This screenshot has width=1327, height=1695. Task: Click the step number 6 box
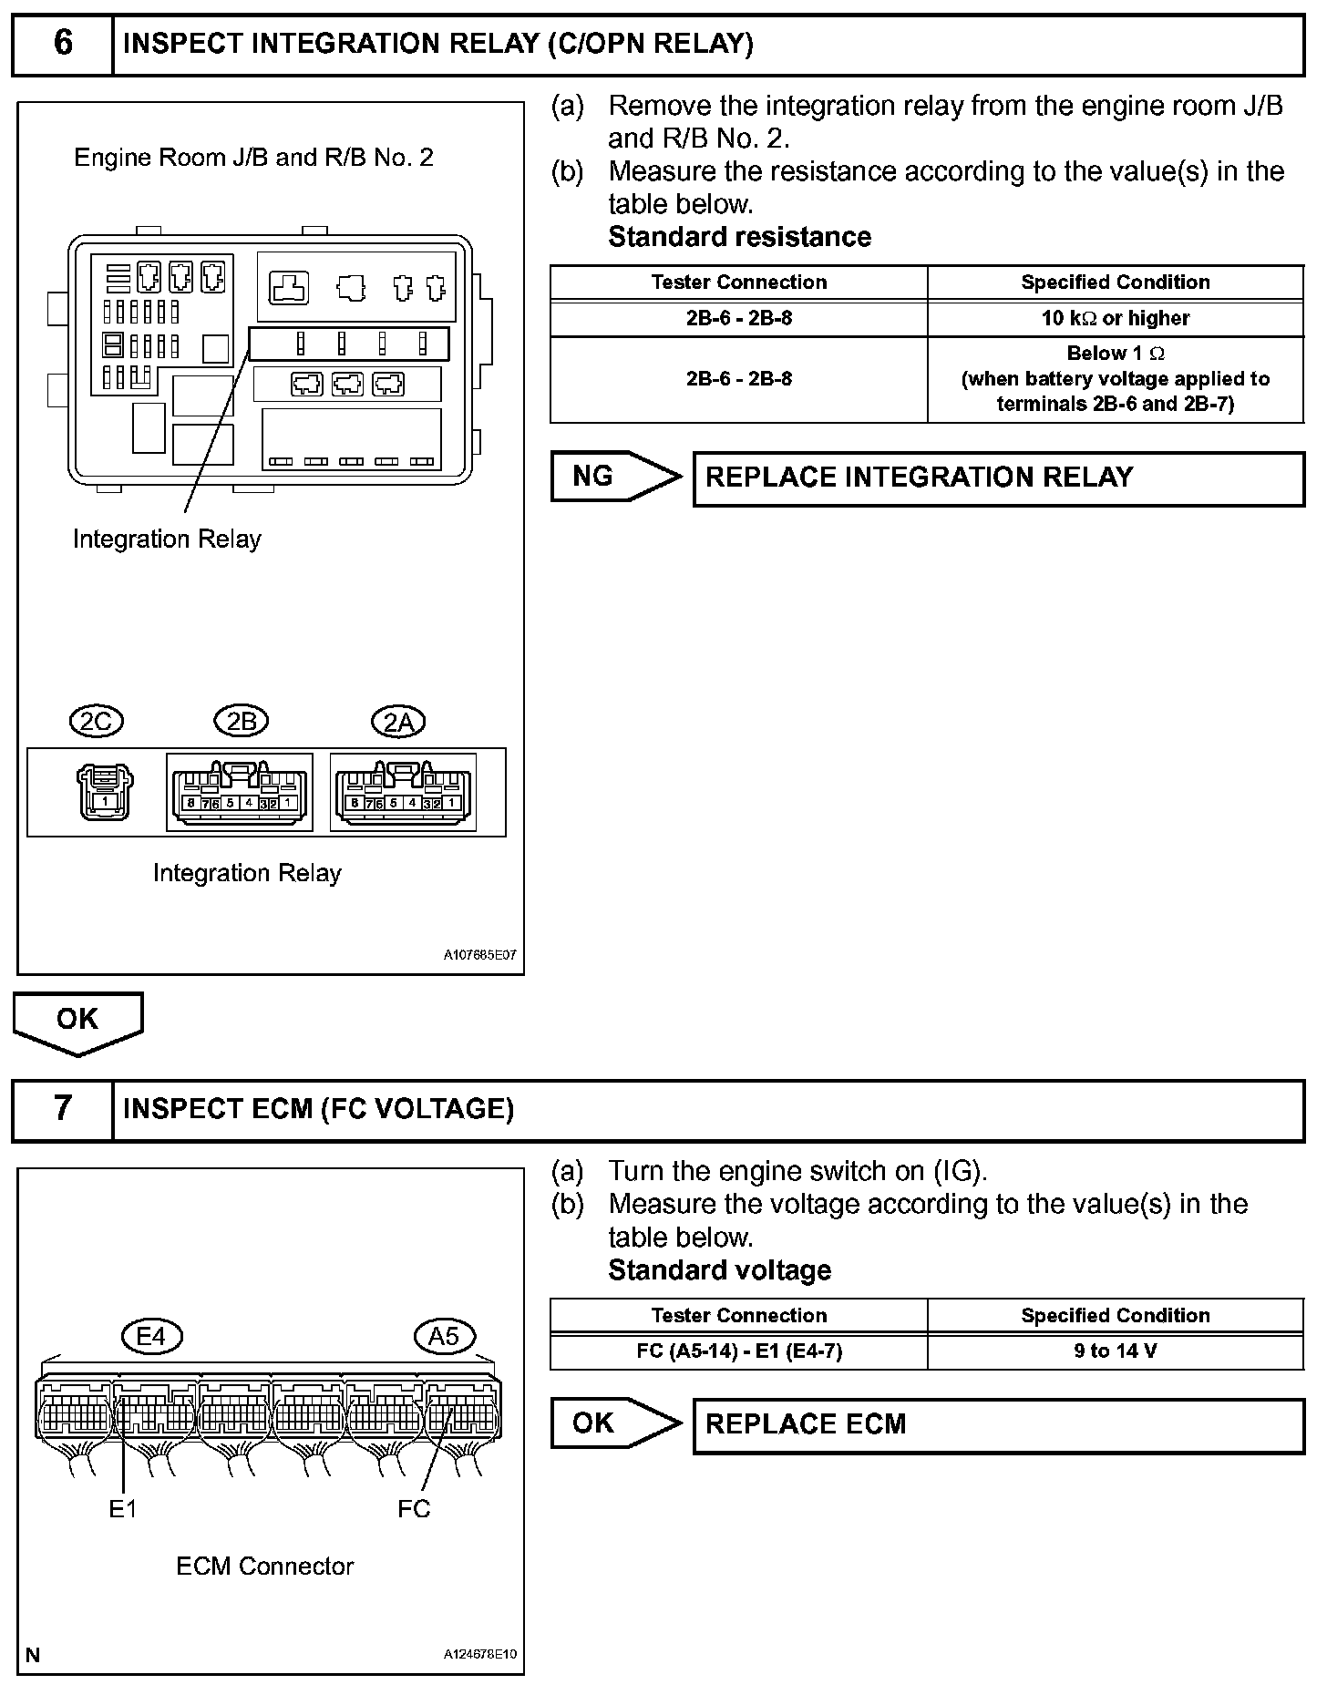click(62, 44)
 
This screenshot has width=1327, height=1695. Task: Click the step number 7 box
click(62, 1109)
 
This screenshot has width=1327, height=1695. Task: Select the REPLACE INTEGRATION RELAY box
click(998, 478)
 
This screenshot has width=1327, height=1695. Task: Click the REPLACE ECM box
click(998, 1424)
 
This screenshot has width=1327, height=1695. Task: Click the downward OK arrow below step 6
click(77, 1021)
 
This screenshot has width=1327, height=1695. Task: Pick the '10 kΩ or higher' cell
click(1116, 318)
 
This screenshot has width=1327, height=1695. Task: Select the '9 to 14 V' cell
click(1116, 1351)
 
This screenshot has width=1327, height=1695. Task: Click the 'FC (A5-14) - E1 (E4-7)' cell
click(739, 1351)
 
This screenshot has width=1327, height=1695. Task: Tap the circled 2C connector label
click(97, 722)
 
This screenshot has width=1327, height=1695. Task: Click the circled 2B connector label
click(241, 722)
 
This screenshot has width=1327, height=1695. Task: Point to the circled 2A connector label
click(398, 722)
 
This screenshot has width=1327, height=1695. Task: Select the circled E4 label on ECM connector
click(152, 1336)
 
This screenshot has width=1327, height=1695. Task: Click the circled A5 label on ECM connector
click(444, 1336)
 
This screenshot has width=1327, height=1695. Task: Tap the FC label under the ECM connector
click(414, 1509)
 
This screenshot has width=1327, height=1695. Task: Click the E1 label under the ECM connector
click(123, 1509)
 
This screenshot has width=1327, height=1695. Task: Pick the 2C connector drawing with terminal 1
click(106, 791)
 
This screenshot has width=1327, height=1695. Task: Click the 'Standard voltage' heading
click(719, 1270)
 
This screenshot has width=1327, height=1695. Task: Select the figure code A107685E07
click(480, 956)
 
